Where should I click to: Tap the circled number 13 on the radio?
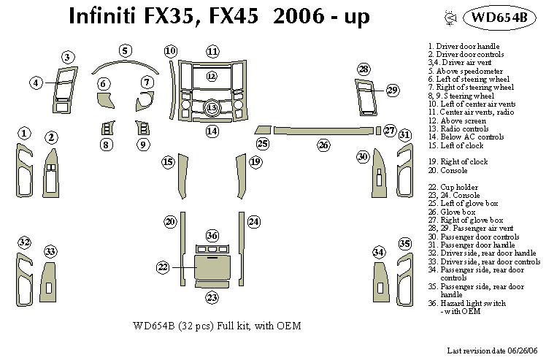pyautogui.click(x=211, y=108)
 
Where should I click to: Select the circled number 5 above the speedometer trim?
pyautogui.click(x=126, y=50)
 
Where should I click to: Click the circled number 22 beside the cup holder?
pyautogui.click(x=163, y=268)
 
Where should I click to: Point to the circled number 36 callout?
pyautogui.click(x=212, y=235)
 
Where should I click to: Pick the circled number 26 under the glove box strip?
pyautogui.click(x=323, y=145)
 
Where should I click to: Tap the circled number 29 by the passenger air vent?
pyautogui.click(x=393, y=91)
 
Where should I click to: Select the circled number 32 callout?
pyautogui.click(x=25, y=242)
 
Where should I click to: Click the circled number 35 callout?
pyautogui.click(x=404, y=243)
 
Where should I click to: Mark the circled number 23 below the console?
pyautogui.click(x=212, y=297)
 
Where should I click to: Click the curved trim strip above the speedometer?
pyautogui.click(x=126, y=65)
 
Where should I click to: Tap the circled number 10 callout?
pyautogui.click(x=170, y=51)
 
